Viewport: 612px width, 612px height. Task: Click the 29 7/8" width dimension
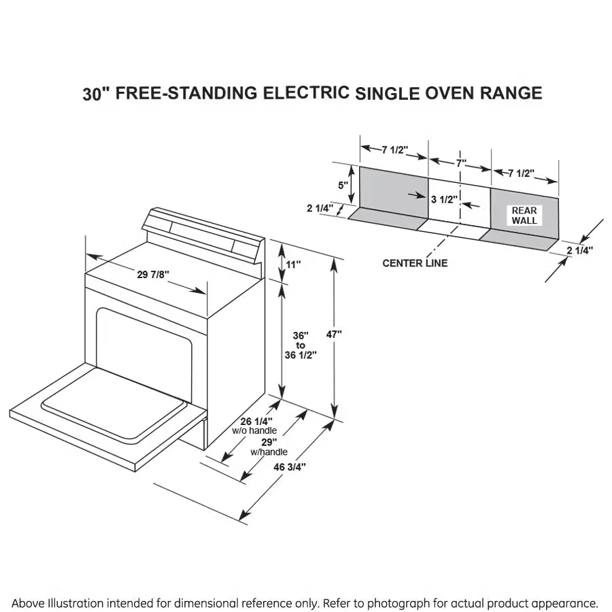pos(152,275)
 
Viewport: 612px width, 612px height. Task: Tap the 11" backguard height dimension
pos(293,265)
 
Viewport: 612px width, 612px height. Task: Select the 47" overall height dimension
pos(334,334)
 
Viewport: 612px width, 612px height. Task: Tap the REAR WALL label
pos(524,216)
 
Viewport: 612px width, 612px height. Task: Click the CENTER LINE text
pos(415,263)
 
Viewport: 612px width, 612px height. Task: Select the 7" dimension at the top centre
pos(461,163)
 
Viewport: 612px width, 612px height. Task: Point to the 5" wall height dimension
pos(343,184)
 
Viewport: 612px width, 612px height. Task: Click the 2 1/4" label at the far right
pos(579,250)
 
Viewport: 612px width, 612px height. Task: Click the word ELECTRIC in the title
pos(307,93)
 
